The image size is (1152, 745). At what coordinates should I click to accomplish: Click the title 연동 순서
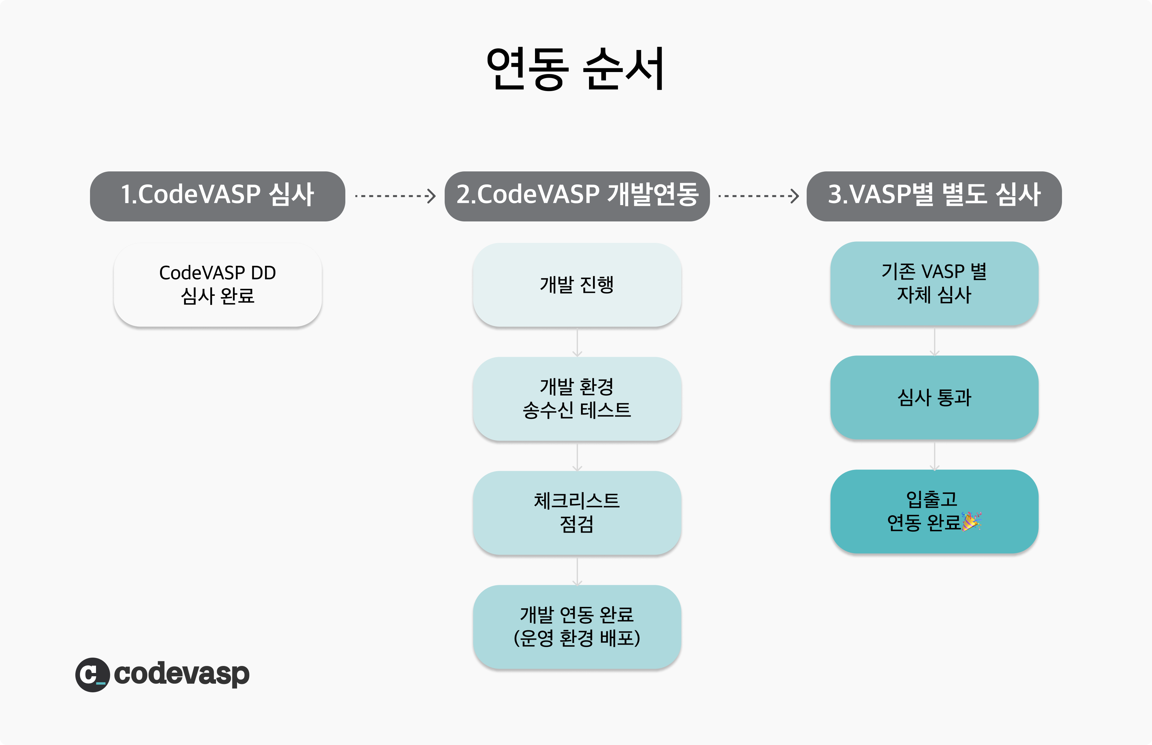pyautogui.click(x=575, y=69)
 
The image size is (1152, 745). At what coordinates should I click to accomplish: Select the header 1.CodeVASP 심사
pyautogui.click(x=218, y=196)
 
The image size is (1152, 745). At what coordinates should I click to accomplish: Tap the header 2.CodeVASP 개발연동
pyautogui.click(x=577, y=196)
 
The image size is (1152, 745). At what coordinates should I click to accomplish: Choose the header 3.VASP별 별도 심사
pyautogui.click(x=934, y=196)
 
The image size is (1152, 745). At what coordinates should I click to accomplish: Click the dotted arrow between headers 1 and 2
pyautogui.click(x=395, y=196)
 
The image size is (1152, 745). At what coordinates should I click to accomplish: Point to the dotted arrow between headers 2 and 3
pyautogui.click(x=758, y=196)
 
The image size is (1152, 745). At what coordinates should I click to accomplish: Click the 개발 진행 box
pyautogui.click(x=577, y=284)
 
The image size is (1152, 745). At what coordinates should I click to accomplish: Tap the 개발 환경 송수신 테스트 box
pyautogui.click(x=577, y=399)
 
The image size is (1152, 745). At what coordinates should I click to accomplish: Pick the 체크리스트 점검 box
pyautogui.click(x=577, y=513)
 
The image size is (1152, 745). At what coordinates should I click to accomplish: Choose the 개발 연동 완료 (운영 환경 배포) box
pyautogui.click(x=577, y=627)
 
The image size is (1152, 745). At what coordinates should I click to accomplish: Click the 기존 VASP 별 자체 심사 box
pyautogui.click(x=934, y=283)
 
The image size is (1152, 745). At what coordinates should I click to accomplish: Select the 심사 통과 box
pyautogui.click(x=934, y=397)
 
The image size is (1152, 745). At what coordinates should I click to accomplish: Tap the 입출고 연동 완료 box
pyautogui.click(x=934, y=511)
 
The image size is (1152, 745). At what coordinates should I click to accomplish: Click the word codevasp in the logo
pyautogui.click(x=182, y=674)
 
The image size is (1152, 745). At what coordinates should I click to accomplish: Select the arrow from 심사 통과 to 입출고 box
pyautogui.click(x=934, y=456)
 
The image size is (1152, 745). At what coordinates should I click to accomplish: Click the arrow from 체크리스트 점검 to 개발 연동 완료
pyautogui.click(x=577, y=571)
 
